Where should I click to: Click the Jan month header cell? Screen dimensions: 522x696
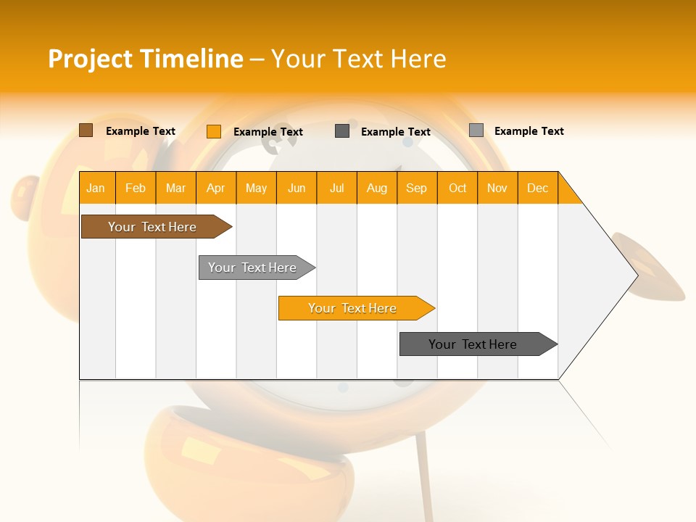[x=96, y=188]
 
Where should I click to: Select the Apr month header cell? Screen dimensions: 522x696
[x=215, y=188]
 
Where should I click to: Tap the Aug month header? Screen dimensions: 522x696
[x=376, y=188]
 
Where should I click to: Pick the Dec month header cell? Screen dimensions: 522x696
[x=537, y=188]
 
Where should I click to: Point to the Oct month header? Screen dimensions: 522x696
[x=457, y=188]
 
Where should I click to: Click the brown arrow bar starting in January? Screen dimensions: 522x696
[x=152, y=227]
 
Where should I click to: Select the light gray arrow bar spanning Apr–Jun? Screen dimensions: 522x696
[x=252, y=268]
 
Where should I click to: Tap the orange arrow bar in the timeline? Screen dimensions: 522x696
[x=352, y=308]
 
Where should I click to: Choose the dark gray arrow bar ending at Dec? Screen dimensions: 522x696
[x=473, y=344]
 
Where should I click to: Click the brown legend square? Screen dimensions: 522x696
[x=86, y=130]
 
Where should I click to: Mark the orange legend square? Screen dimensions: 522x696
[x=213, y=131]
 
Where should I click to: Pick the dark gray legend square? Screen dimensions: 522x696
[x=342, y=131]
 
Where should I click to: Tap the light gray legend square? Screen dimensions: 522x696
[x=476, y=130]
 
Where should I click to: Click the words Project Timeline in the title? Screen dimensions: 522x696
[x=145, y=59]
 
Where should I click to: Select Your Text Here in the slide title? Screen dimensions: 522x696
[x=358, y=59]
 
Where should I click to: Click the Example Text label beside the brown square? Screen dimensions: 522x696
[x=141, y=131]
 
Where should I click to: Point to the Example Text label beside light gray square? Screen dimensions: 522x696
[x=529, y=131]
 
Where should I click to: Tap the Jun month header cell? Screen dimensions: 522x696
[x=296, y=188]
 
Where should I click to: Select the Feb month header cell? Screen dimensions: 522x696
[x=136, y=188]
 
